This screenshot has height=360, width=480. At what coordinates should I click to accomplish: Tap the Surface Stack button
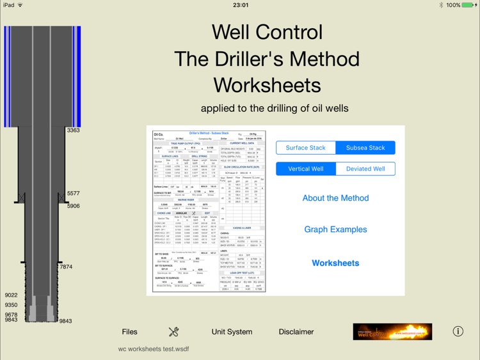point(306,148)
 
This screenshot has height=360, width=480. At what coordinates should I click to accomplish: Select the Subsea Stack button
point(365,148)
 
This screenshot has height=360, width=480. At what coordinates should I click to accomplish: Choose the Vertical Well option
point(306,169)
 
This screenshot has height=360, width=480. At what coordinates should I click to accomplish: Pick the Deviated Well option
point(365,169)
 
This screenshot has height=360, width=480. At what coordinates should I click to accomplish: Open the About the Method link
point(335,198)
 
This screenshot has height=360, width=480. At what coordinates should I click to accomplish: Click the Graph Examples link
point(335,230)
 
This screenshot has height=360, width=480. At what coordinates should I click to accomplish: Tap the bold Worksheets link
point(335,263)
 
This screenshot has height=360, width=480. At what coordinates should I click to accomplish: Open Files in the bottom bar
point(129,332)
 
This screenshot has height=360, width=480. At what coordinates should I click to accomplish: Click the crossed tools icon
point(173,331)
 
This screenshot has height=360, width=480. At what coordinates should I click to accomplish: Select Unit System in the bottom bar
point(232,332)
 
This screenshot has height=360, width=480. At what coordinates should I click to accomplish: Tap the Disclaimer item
point(296,332)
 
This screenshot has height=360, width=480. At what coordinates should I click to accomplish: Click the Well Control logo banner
point(392,331)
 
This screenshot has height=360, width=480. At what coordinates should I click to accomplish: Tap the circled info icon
point(458,331)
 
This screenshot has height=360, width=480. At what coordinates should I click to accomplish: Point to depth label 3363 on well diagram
point(73,130)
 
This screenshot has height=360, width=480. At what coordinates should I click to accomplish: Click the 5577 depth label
point(73,193)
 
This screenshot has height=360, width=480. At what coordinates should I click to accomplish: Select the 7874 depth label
point(66,267)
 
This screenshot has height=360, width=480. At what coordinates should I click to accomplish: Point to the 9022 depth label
point(11,295)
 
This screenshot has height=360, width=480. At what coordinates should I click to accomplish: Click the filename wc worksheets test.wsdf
point(154,349)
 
